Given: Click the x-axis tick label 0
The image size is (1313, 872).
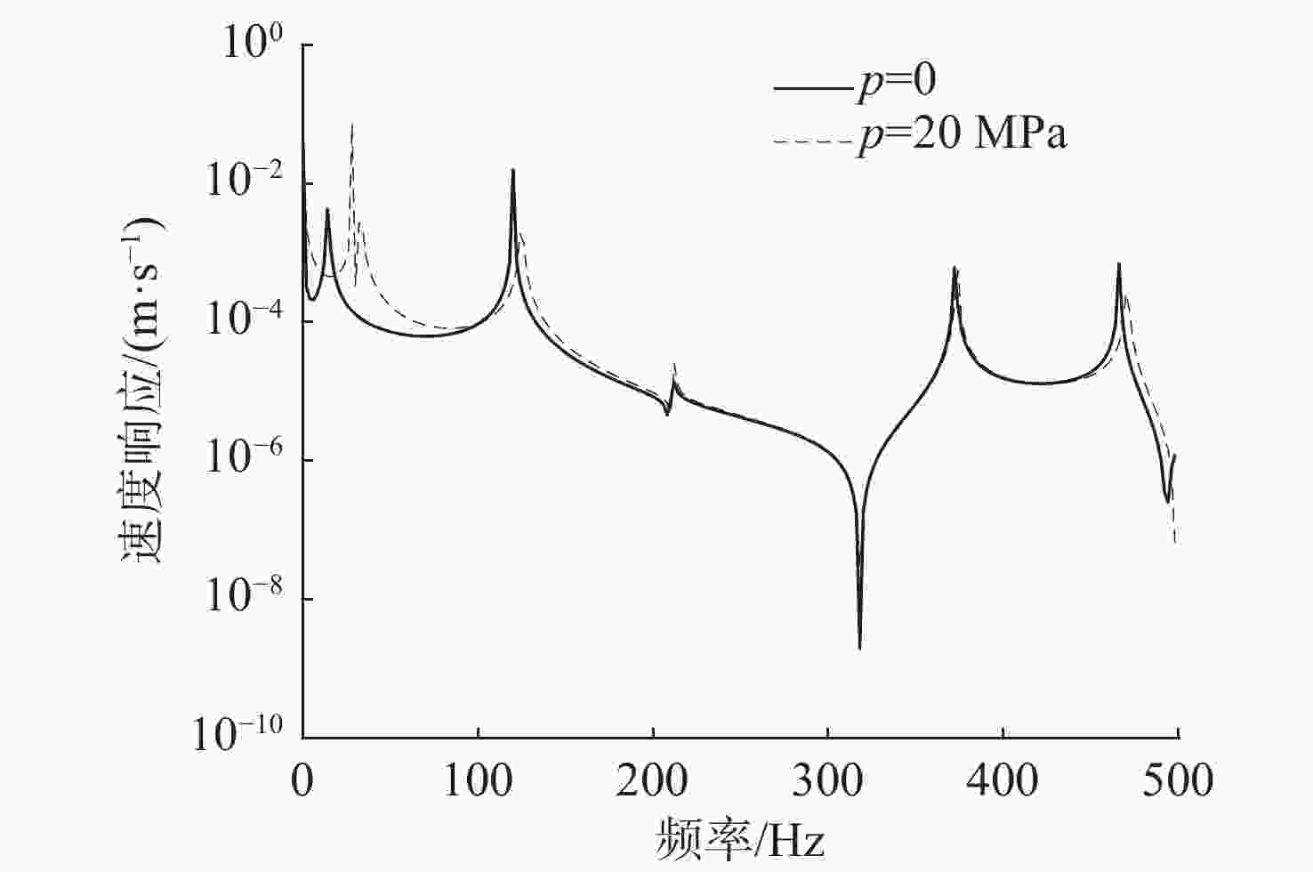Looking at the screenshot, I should click(302, 780).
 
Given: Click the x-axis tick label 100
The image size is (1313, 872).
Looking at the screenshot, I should click(478, 780).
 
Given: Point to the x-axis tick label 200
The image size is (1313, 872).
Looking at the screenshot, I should click(653, 780).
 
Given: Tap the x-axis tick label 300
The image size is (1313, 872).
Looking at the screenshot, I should click(828, 780).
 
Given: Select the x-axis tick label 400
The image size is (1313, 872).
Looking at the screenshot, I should click(1003, 780).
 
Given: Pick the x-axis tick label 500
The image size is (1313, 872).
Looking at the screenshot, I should click(1178, 780).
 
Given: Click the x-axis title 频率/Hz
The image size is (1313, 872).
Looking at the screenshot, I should click(740, 837).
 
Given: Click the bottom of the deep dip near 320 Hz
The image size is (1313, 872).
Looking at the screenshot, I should click(859, 648).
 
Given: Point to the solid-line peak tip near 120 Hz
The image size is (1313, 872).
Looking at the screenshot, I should click(513, 170).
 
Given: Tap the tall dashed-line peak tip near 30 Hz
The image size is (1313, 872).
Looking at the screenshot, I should click(352, 124).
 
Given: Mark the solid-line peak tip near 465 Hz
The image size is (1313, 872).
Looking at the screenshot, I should click(1118, 264).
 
